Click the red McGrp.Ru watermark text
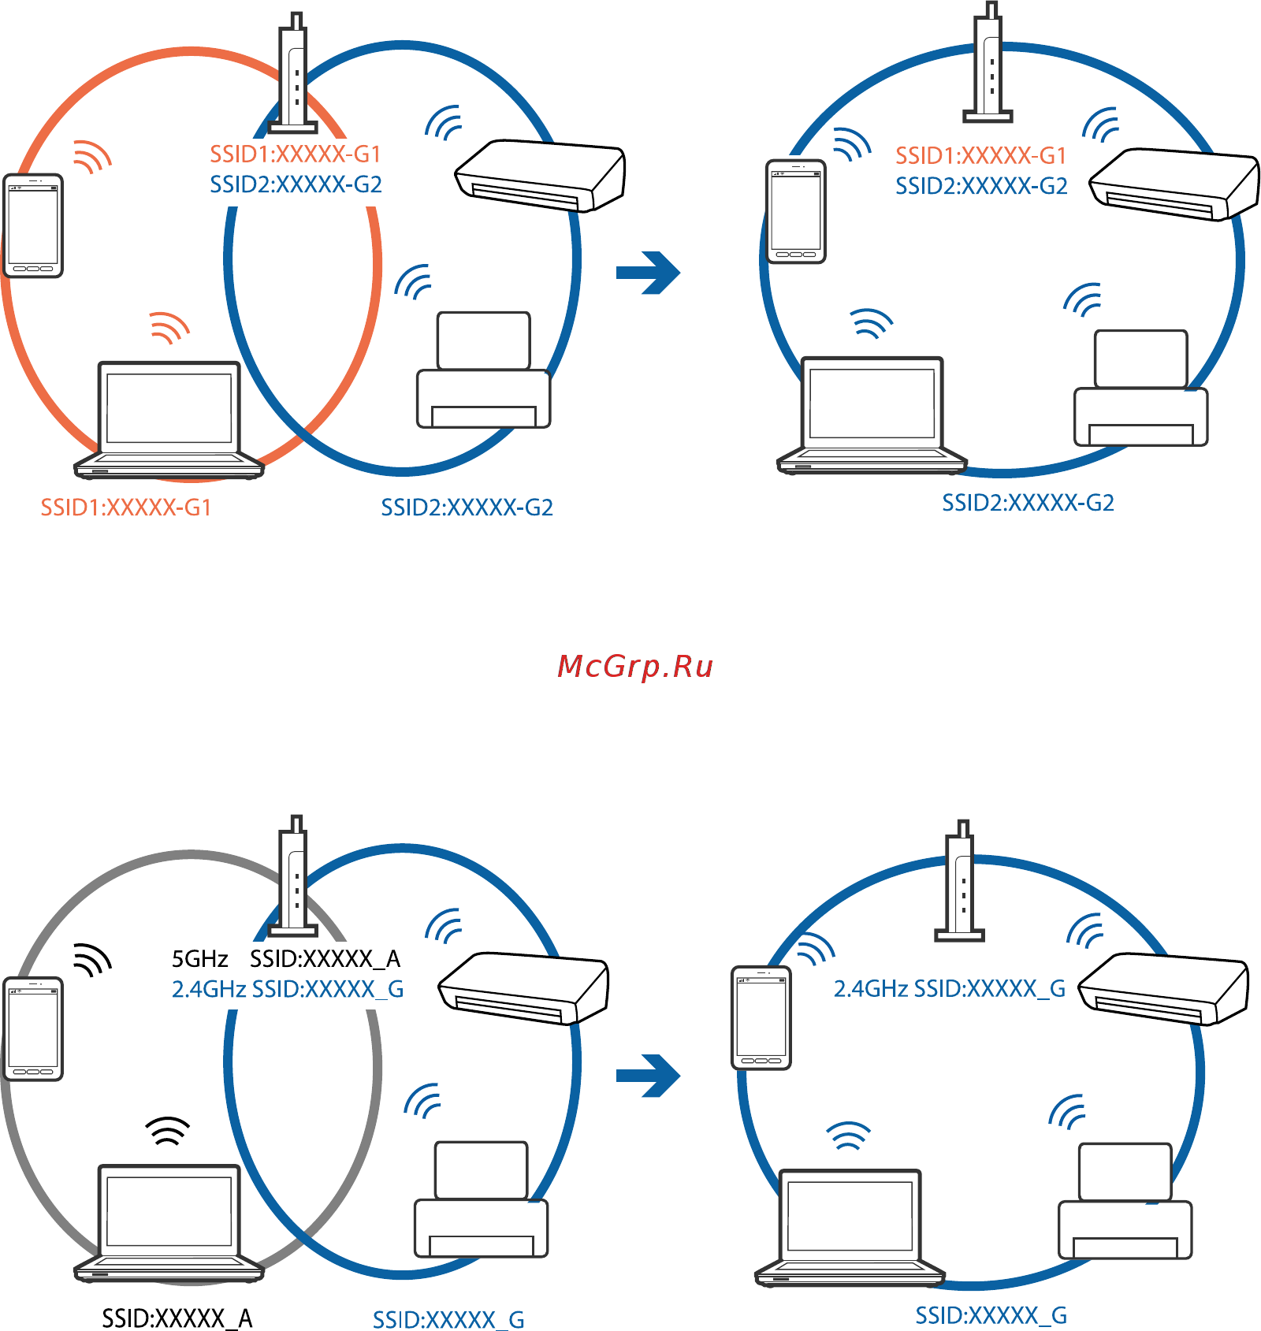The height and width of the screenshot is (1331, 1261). click(x=634, y=667)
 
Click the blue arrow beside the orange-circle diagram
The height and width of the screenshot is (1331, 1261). click(x=648, y=273)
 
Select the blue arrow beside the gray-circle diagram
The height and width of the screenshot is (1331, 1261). click(x=648, y=1076)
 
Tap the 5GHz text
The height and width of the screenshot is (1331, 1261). click(x=199, y=959)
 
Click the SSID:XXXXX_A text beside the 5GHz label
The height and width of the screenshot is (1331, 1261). click(x=325, y=959)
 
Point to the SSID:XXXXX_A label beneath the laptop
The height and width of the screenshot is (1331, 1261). click(x=177, y=1318)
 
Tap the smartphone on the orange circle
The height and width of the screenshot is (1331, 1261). click(x=33, y=225)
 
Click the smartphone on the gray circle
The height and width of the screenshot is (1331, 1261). click(x=33, y=1028)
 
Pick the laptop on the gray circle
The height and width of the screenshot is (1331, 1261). click(x=169, y=1223)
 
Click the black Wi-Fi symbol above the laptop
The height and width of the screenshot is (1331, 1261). click(x=168, y=1131)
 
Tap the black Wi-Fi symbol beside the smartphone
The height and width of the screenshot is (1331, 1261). click(x=92, y=958)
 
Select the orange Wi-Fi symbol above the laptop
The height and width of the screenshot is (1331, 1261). click(x=169, y=327)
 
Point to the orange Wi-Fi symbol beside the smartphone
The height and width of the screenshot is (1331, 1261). click(x=92, y=156)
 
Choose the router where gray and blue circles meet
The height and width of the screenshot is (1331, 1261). click(x=293, y=876)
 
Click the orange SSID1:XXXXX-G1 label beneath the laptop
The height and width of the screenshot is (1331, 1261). click(x=126, y=507)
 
